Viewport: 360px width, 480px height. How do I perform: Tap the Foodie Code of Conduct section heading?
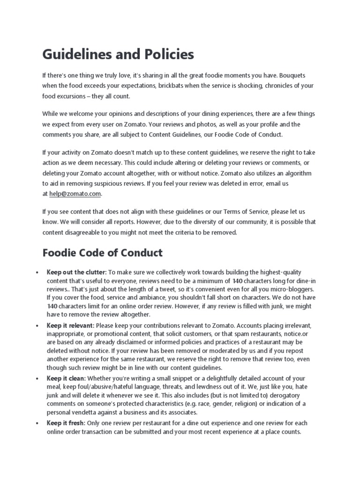coord(102,253)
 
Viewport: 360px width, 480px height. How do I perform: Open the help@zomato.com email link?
coord(75,194)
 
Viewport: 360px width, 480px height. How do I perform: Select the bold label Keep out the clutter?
coord(77,272)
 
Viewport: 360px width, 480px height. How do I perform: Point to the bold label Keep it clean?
coord(66,378)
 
